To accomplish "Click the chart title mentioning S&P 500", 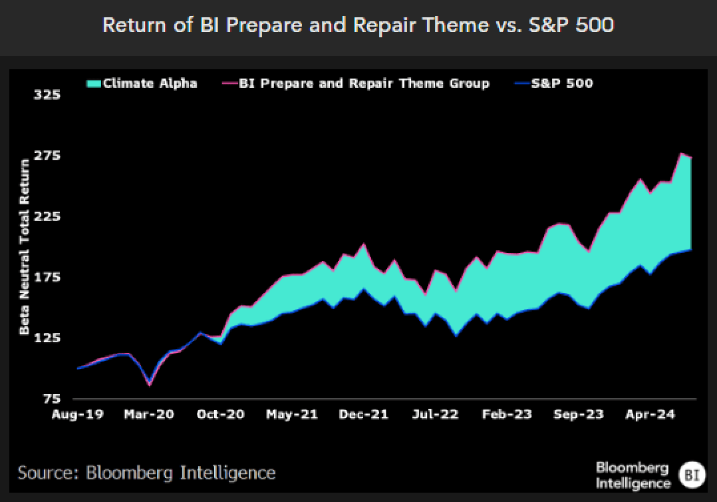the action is click(x=358, y=25).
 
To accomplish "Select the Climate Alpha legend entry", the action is click(x=142, y=83).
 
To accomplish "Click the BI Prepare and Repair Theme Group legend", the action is click(x=356, y=83).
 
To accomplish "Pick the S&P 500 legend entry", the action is click(x=554, y=83).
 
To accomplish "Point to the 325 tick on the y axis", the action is click(x=47, y=95).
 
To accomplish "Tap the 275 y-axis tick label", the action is click(x=47, y=156).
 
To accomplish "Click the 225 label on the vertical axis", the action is click(x=47, y=216).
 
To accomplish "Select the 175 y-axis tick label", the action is click(x=47, y=278).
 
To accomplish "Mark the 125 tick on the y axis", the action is click(x=47, y=338).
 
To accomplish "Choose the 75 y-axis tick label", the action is click(x=52, y=399).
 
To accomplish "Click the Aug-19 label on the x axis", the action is click(x=78, y=415).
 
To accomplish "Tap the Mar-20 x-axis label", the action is click(x=149, y=415).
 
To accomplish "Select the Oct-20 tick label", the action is click(x=220, y=415).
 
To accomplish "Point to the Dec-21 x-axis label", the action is click(x=364, y=415).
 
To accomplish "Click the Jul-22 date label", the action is click(x=435, y=415).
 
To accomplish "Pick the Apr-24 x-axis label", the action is click(x=650, y=415).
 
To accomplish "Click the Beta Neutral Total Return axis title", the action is click(x=24, y=246).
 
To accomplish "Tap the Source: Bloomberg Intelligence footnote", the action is click(x=147, y=473).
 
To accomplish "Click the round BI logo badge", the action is click(x=692, y=475).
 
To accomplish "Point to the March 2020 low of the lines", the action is click(x=150, y=384).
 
